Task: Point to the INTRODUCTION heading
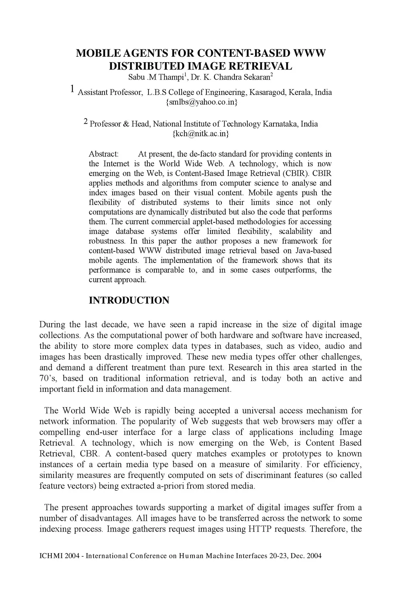(129, 300)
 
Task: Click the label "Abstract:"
(104, 154)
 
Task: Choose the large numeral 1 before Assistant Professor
(73, 90)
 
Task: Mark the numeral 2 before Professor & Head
(86, 122)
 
